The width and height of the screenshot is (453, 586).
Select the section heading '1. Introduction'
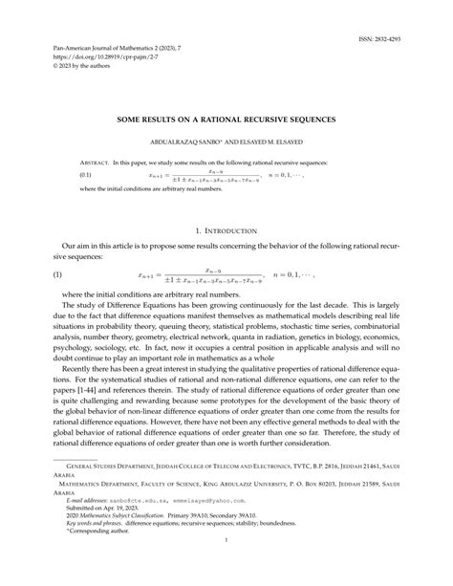tap(226, 231)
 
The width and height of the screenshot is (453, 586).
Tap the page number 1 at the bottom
tap(226, 568)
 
